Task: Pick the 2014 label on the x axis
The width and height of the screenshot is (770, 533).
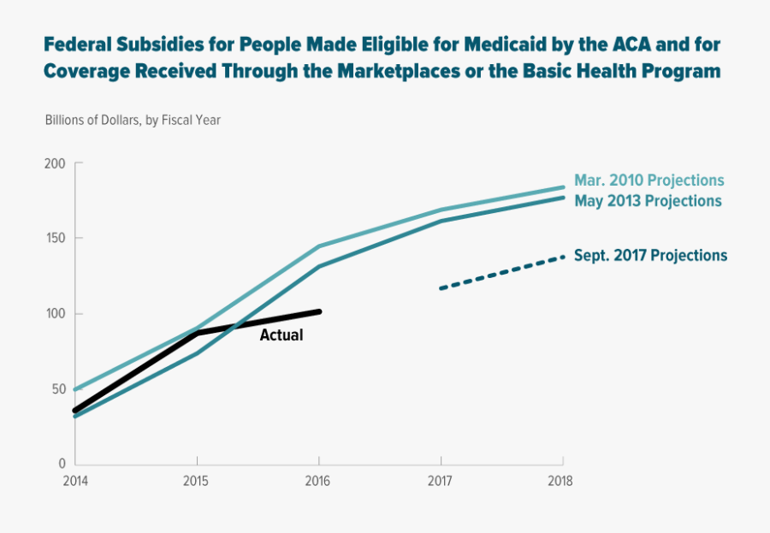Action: [x=75, y=481]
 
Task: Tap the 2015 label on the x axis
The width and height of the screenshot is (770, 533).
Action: [x=197, y=481]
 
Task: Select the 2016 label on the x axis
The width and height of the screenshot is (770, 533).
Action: [x=319, y=481]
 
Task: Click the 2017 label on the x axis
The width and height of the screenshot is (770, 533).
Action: [x=441, y=481]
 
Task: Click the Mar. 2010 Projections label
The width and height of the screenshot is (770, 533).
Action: [x=649, y=181]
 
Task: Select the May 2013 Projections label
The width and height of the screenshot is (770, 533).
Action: [x=648, y=201]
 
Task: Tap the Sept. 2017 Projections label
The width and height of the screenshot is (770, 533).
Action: [x=650, y=255]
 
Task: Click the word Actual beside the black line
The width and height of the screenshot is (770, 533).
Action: [x=281, y=335]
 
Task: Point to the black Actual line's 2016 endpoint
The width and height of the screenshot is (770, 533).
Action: [x=319, y=311]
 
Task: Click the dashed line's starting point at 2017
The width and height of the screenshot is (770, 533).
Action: [x=441, y=288]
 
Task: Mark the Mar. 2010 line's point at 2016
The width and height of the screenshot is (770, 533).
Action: [x=319, y=246]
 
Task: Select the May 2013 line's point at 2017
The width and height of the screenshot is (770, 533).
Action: [x=441, y=222]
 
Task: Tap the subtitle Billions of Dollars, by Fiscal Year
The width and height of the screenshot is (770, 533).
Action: [x=133, y=120]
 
